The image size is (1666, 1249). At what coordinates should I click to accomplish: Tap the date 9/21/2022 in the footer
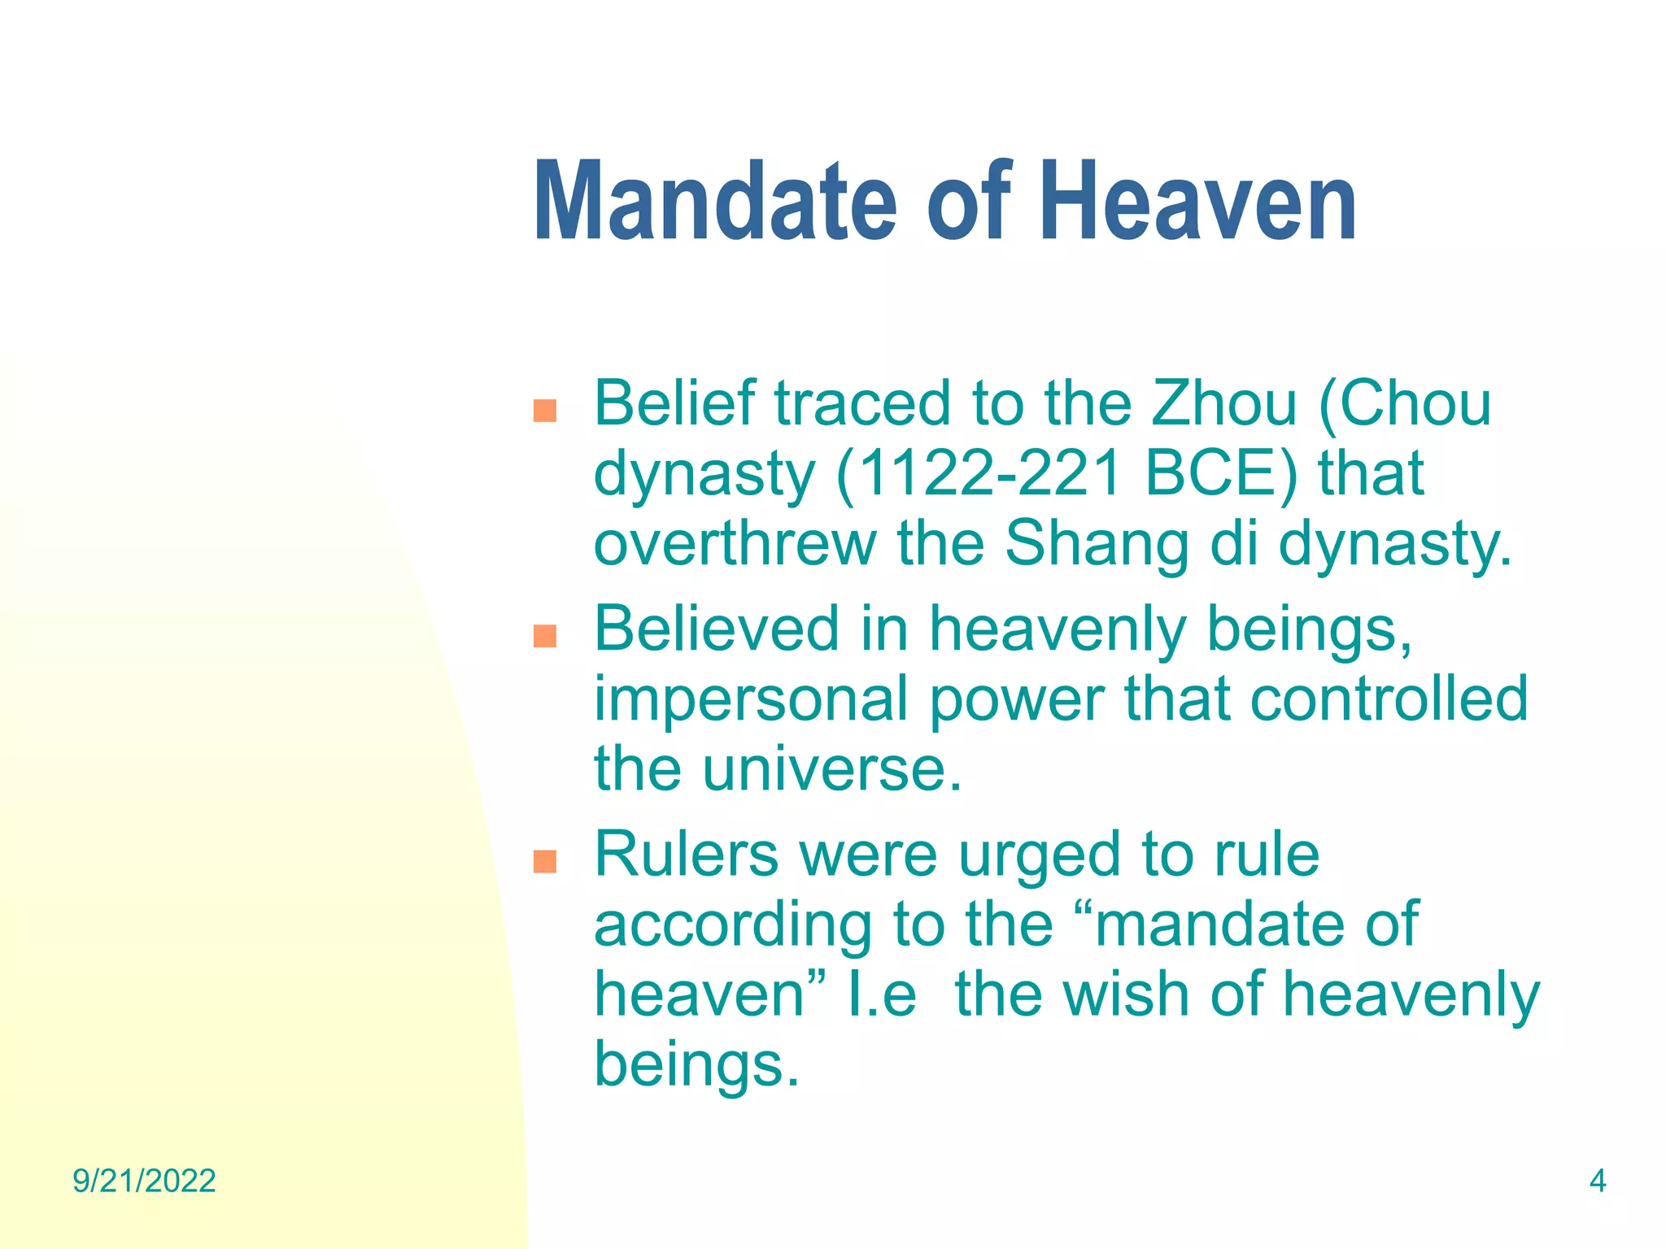point(144,1181)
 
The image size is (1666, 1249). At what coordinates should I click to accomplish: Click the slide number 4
point(1597,1181)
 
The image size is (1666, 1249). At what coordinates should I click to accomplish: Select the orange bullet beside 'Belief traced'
point(544,411)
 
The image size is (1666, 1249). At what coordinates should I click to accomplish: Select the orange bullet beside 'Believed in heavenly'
point(544,636)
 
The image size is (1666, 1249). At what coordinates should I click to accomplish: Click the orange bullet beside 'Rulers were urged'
point(544,861)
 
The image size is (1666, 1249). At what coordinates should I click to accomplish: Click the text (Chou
point(1405,403)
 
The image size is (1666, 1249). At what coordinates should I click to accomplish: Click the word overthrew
point(735,543)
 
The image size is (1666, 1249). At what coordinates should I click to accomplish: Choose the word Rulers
point(687,855)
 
